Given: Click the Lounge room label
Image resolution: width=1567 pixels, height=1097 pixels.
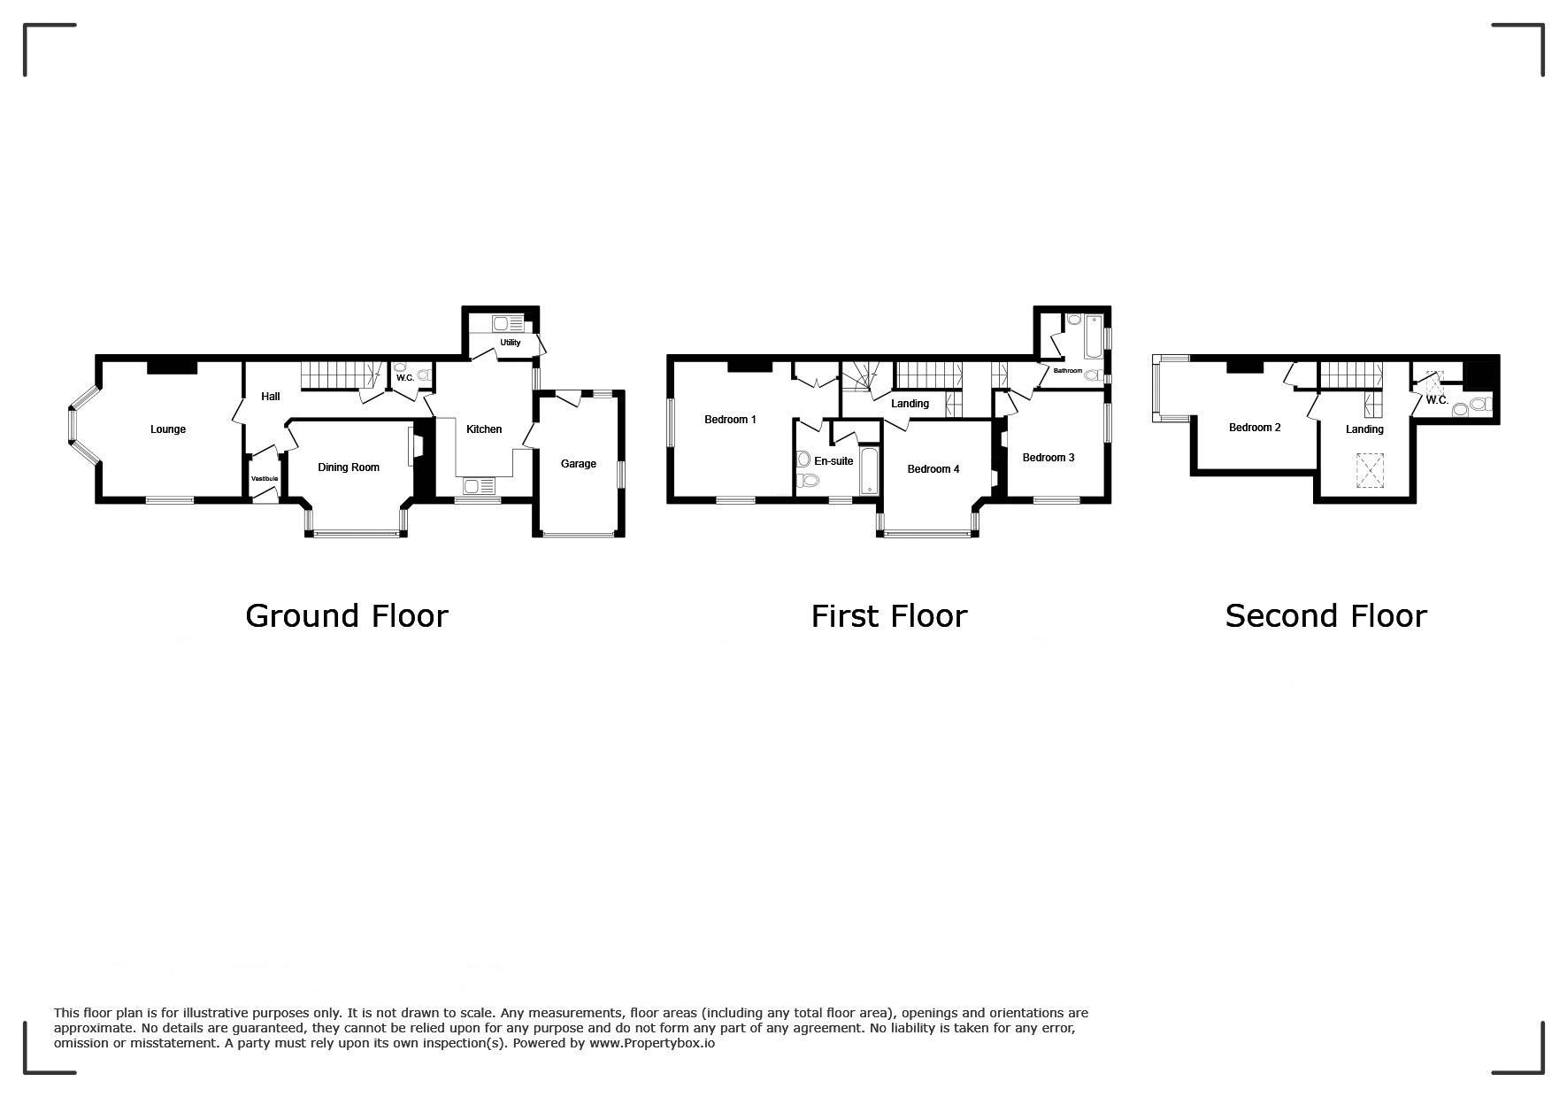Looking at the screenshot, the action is coord(168,429).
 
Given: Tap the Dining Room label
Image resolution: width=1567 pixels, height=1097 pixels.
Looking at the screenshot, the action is coord(349,467).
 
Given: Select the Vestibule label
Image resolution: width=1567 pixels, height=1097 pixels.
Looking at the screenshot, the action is coord(265,479).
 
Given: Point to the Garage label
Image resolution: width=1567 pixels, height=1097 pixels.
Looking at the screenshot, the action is coord(579,464).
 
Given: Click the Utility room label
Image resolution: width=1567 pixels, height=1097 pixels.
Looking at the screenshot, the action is coord(511,343).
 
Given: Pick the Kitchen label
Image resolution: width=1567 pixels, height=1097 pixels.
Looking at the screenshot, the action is coord(484,429).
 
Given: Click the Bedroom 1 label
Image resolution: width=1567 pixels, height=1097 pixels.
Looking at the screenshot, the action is coord(730,420).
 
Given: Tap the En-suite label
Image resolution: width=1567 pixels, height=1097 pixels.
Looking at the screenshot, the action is coord(833,461).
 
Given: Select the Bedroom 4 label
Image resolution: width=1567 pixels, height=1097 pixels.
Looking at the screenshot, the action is coord(933,469).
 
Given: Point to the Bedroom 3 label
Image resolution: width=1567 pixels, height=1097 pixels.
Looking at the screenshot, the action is coord(1049,458).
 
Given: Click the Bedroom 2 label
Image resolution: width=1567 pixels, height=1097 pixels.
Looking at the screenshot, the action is coord(1255,428).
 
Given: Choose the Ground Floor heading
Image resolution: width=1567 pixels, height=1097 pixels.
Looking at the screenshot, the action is coord(347,615).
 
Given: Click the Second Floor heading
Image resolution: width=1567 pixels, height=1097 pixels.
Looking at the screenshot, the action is coord(1325,615).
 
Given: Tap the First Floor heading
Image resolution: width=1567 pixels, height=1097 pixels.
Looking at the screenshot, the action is coord(889,615).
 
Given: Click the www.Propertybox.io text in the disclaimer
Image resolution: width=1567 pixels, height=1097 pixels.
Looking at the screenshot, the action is coord(652,1043).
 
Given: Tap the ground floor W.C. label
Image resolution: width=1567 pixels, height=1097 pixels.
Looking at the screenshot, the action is coord(405,378).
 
